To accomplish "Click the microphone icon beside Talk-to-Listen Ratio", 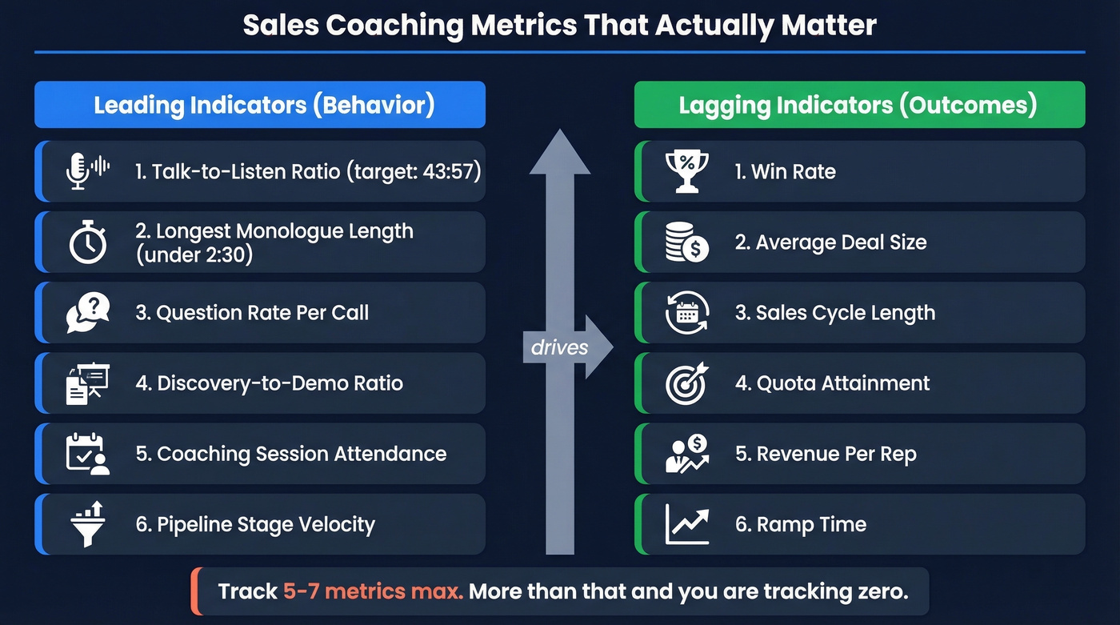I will [x=78, y=171].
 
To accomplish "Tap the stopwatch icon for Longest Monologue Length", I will [x=87, y=243].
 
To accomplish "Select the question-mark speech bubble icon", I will [x=87, y=313].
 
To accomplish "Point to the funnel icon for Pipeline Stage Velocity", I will [x=87, y=524].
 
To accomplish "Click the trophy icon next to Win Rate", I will [x=686, y=171].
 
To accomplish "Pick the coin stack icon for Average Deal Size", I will [x=686, y=242].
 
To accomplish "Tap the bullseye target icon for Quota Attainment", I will [x=686, y=383].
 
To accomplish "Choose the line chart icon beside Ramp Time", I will [x=686, y=524].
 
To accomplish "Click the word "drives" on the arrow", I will [x=559, y=347].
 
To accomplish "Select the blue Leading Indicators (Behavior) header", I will [x=260, y=105].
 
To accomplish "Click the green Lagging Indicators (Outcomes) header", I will [x=859, y=105].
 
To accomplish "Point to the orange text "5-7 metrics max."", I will [x=372, y=592].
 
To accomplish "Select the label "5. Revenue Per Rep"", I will [x=826, y=454].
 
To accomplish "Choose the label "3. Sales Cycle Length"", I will [x=834, y=313].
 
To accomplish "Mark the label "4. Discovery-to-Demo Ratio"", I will [x=269, y=383].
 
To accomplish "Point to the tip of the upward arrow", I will [x=560, y=132].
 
